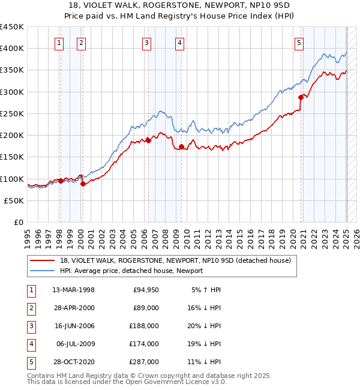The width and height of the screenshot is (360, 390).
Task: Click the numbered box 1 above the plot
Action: tap(60, 43)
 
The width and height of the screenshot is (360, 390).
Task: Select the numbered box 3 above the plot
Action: tap(147, 43)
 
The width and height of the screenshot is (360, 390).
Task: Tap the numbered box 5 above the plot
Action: tap(299, 43)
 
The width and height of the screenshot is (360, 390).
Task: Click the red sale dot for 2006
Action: tap(148, 140)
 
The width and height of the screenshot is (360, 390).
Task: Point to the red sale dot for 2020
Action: tap(301, 97)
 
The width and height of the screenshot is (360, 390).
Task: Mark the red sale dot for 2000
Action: tap(83, 184)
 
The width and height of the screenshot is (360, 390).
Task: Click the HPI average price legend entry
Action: tap(131, 271)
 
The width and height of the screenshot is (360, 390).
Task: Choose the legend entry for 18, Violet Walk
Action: tap(175, 260)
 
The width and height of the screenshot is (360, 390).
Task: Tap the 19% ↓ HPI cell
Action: tap(206, 344)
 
